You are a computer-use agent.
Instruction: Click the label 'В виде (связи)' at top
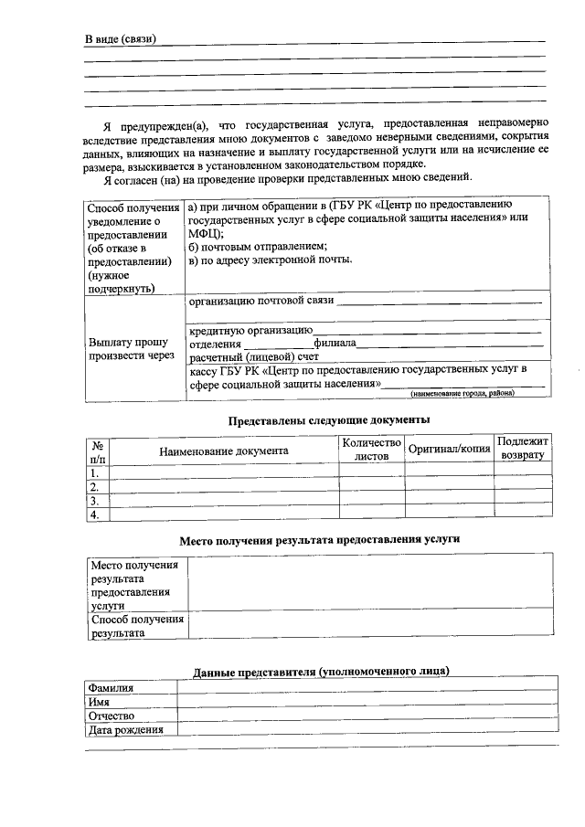[120, 39]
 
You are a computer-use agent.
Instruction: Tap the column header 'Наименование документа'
[223, 451]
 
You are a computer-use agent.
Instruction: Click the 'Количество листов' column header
[371, 449]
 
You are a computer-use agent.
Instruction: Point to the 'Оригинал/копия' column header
[449, 450]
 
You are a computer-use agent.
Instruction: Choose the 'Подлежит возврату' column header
[523, 448]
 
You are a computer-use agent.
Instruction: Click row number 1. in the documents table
[94, 473]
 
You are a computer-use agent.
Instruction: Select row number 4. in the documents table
[94, 514]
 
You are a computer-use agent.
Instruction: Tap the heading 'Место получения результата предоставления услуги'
[319, 539]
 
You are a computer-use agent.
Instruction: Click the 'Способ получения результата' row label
[136, 626]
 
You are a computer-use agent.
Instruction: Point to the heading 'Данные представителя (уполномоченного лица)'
[321, 671]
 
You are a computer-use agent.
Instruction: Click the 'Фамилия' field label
[110, 687]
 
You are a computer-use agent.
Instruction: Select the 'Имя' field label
[98, 701]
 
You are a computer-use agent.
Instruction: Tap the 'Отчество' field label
[111, 716]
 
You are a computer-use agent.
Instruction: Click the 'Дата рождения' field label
[125, 730]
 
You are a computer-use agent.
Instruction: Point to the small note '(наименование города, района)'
[462, 393]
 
